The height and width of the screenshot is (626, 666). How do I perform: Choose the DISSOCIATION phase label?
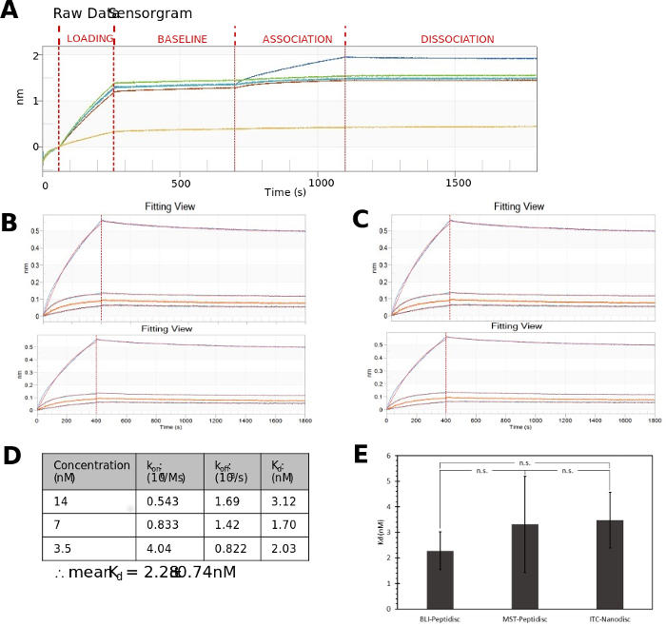coord(458,39)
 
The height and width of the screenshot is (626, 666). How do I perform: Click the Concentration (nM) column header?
coord(90,471)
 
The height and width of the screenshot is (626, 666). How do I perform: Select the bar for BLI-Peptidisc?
coord(439,579)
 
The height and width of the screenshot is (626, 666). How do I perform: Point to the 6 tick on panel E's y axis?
coord(385,456)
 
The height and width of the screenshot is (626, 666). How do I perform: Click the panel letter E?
coord(362,454)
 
